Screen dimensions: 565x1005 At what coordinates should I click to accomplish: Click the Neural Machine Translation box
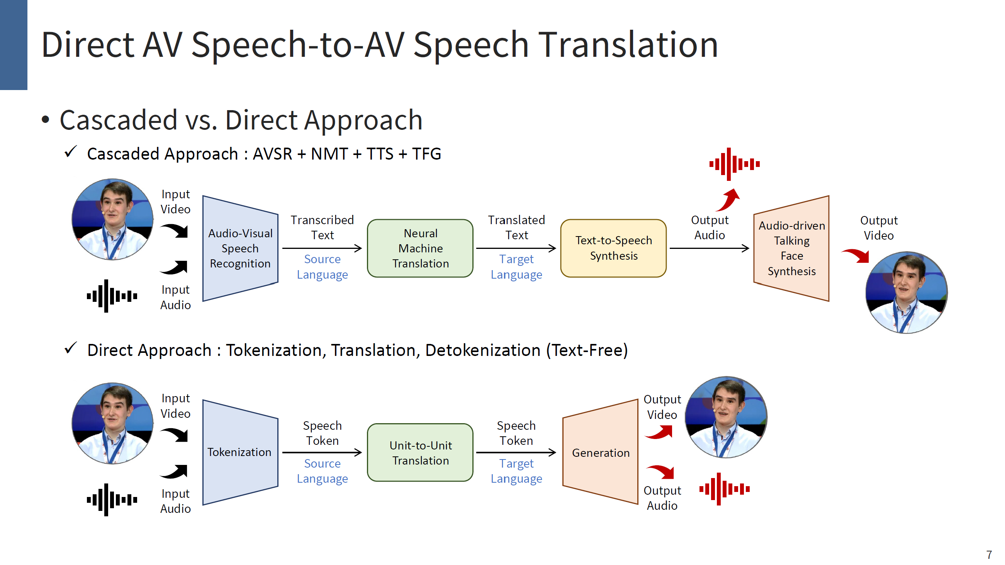[420, 248]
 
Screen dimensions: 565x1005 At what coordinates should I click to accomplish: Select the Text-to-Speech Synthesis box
[613, 248]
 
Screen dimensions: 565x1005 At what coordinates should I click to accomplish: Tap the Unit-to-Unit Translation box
[420, 453]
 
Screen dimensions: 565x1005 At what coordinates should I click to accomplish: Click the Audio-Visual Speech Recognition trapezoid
[240, 248]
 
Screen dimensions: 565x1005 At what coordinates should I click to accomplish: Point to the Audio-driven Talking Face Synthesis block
[791, 248]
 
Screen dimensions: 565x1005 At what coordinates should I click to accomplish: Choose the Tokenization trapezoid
[240, 452]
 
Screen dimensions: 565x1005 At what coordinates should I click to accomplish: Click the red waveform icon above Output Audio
[734, 164]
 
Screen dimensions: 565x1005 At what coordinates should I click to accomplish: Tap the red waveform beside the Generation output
[725, 489]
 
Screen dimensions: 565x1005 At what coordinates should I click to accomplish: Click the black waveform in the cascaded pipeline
[112, 296]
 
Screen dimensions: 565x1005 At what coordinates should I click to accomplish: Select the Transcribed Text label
[322, 228]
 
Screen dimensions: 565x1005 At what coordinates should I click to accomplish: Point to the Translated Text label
[516, 228]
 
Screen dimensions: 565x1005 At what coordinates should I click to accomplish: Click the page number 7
[989, 555]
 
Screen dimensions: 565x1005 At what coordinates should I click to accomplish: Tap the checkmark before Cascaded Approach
[71, 152]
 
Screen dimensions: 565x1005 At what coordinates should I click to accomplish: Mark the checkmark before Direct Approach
[71, 348]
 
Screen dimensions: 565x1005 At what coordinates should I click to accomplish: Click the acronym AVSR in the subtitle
[272, 154]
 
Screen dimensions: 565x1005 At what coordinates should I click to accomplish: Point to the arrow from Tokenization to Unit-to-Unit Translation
[322, 453]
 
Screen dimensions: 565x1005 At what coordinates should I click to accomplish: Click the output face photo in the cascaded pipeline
[906, 293]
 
